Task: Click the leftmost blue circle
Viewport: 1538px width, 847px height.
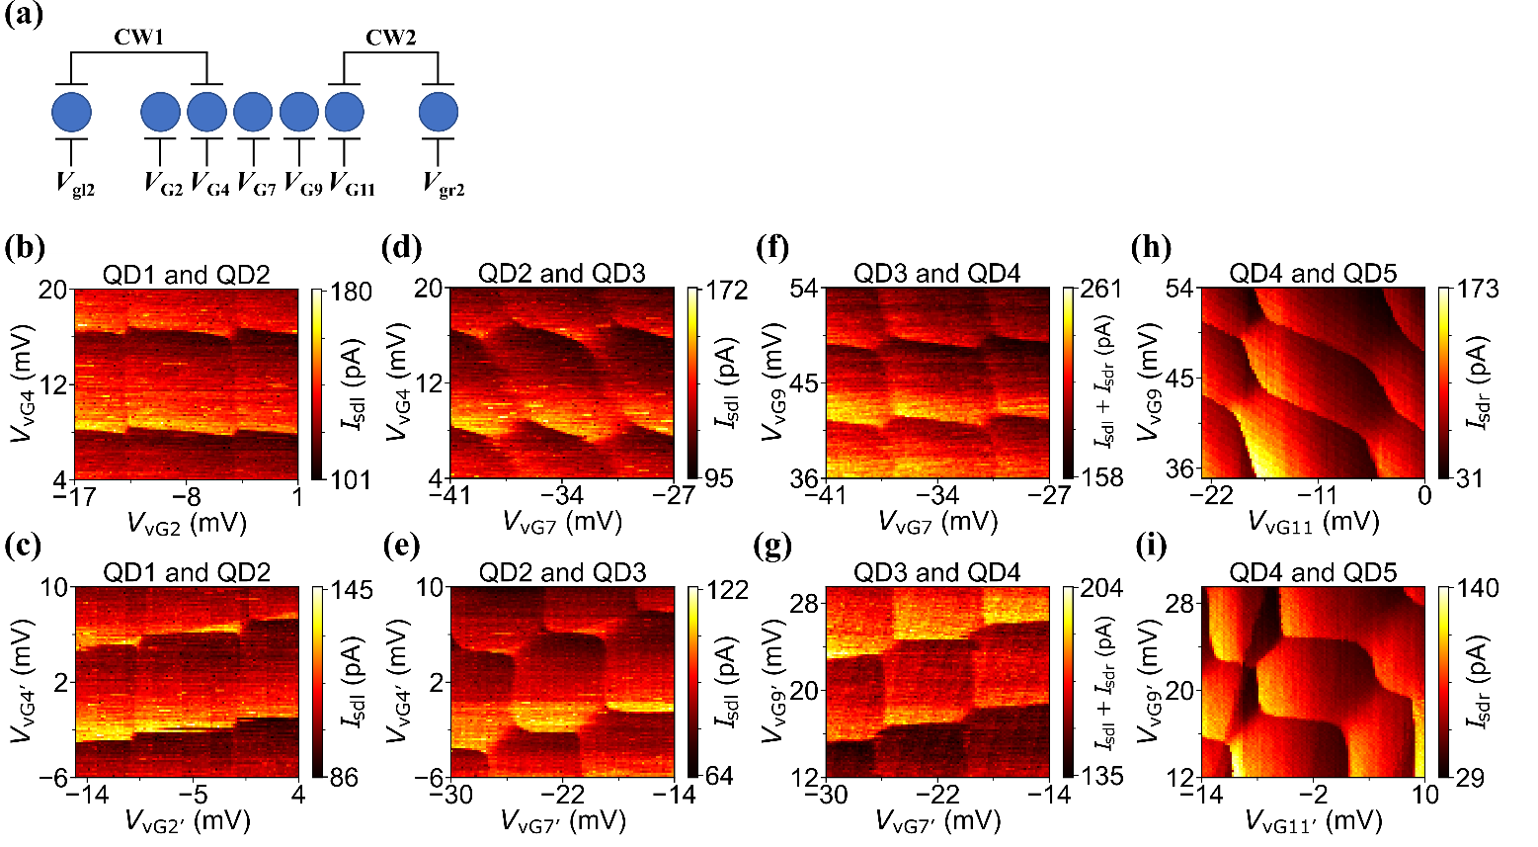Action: [71, 113]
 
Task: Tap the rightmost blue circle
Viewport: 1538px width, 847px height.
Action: [438, 113]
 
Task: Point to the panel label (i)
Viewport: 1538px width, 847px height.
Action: [1152, 547]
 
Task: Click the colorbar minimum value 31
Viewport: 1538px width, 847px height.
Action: [1470, 478]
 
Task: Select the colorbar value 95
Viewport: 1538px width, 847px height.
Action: [718, 478]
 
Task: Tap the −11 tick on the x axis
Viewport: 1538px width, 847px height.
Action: [1316, 496]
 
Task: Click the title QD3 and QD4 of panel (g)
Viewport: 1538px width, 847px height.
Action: [936, 572]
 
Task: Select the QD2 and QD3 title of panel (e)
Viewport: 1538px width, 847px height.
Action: [562, 572]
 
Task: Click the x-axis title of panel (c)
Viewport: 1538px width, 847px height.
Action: [187, 820]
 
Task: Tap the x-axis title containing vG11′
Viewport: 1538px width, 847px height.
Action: [1313, 820]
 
